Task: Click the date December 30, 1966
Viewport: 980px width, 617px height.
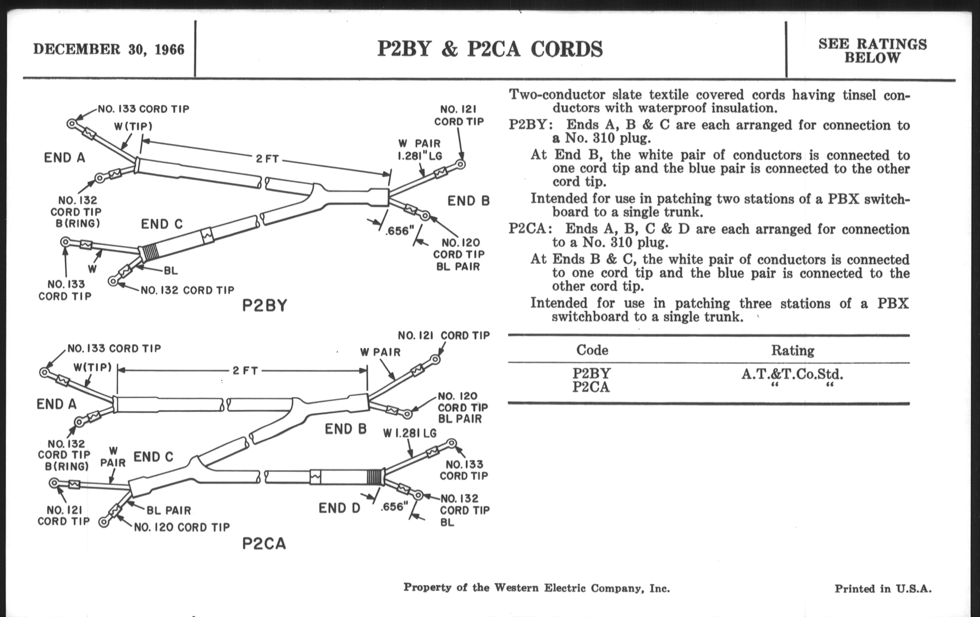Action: [109, 49]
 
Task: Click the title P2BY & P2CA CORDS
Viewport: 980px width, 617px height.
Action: [490, 49]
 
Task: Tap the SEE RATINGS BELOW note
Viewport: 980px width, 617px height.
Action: [872, 50]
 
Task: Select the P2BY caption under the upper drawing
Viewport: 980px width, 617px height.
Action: [264, 305]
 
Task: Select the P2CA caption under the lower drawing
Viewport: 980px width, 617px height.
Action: [264, 543]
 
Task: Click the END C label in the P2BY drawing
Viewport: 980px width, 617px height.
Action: [162, 224]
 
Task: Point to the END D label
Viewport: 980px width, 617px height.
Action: [339, 508]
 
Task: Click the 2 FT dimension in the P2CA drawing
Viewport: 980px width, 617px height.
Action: [245, 371]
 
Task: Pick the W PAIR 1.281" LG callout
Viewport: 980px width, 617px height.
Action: [419, 150]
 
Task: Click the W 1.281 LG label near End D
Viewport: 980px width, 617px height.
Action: [409, 434]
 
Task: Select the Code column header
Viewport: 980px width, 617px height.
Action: [592, 350]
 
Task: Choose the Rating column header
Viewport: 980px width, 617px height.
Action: [792, 351]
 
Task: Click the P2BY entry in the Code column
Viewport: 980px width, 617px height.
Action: [591, 373]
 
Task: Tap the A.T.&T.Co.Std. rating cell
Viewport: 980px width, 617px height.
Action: [792, 374]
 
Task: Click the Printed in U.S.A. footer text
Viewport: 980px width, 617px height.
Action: [883, 588]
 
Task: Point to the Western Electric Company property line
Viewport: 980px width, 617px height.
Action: [536, 588]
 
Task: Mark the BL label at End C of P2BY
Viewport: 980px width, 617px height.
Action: [170, 271]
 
